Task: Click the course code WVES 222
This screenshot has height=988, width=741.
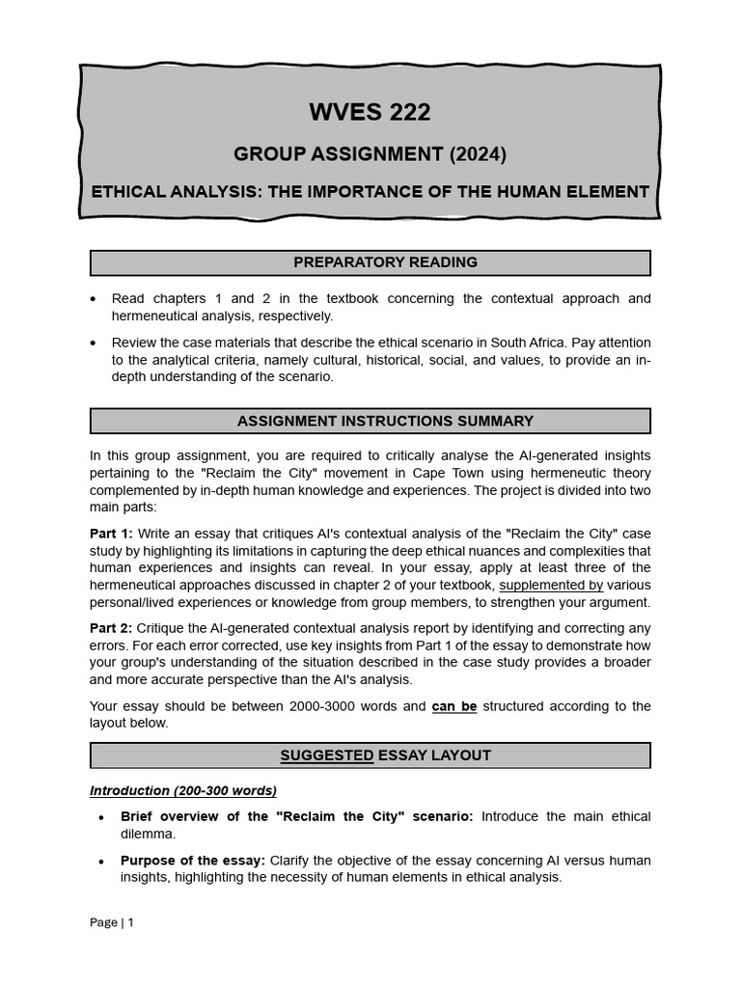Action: pyautogui.click(x=370, y=113)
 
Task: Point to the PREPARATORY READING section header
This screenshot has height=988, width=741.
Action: pyautogui.click(x=370, y=262)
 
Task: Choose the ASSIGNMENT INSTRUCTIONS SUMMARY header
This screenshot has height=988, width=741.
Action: pyautogui.click(x=370, y=421)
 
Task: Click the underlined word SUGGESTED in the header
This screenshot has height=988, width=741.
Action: pyautogui.click(x=326, y=755)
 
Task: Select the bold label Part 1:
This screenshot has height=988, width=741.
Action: pyautogui.click(x=112, y=534)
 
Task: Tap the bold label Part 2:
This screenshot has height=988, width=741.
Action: pyautogui.click(x=112, y=628)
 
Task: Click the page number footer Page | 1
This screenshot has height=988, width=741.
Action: pyautogui.click(x=112, y=922)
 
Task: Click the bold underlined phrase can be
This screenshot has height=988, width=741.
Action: pyautogui.click(x=454, y=706)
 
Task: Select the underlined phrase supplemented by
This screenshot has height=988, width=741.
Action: pyautogui.click(x=551, y=585)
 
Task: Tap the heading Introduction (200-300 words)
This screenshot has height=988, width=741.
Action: pyautogui.click(x=183, y=791)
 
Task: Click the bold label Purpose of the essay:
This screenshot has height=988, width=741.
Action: pyautogui.click(x=193, y=861)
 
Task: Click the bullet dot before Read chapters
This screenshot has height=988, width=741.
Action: pyautogui.click(x=93, y=299)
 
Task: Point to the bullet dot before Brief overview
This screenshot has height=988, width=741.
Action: pyautogui.click(x=101, y=817)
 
